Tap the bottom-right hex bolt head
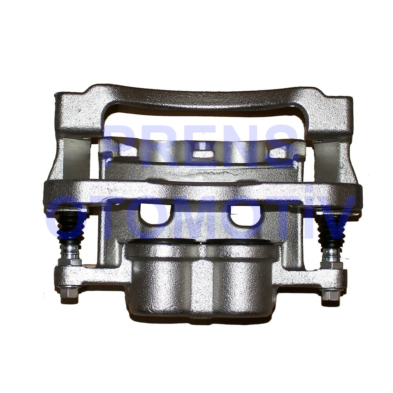coord(331,296)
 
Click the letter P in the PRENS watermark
coord(120,145)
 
